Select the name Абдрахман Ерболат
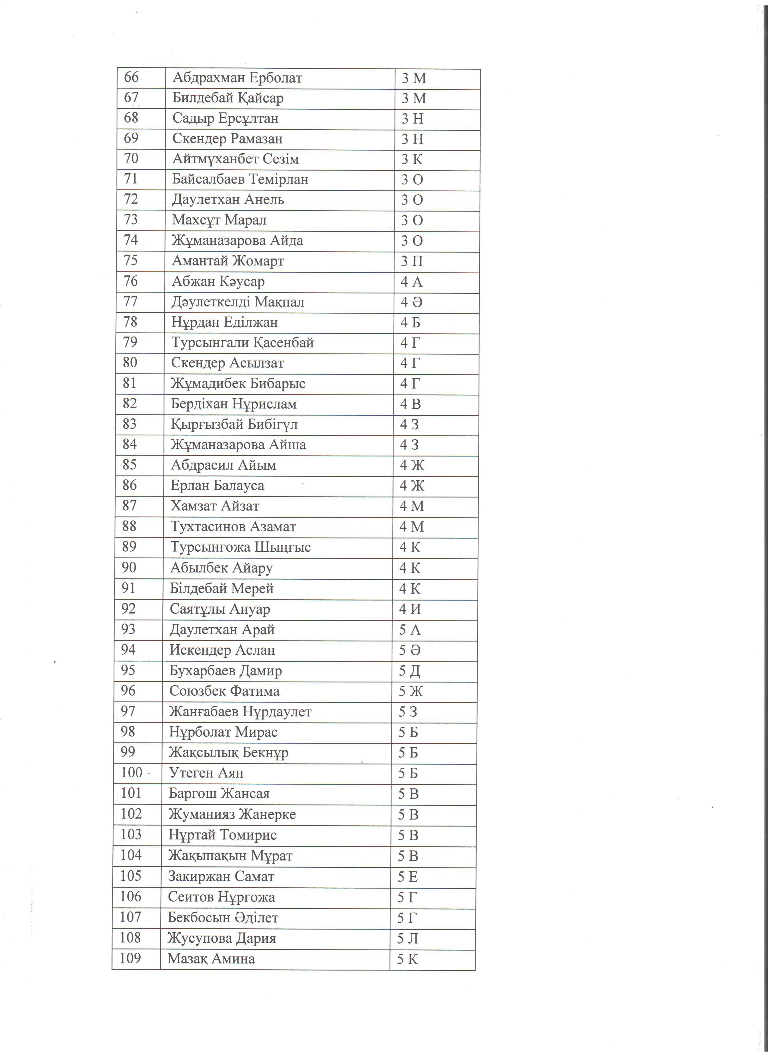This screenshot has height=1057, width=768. [x=237, y=78]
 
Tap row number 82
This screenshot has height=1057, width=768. [x=130, y=403]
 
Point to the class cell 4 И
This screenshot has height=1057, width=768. [x=410, y=610]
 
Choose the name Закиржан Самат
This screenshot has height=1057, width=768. [x=221, y=877]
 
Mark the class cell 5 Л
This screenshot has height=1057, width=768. [x=407, y=939]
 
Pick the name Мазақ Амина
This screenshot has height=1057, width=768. [x=211, y=959]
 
